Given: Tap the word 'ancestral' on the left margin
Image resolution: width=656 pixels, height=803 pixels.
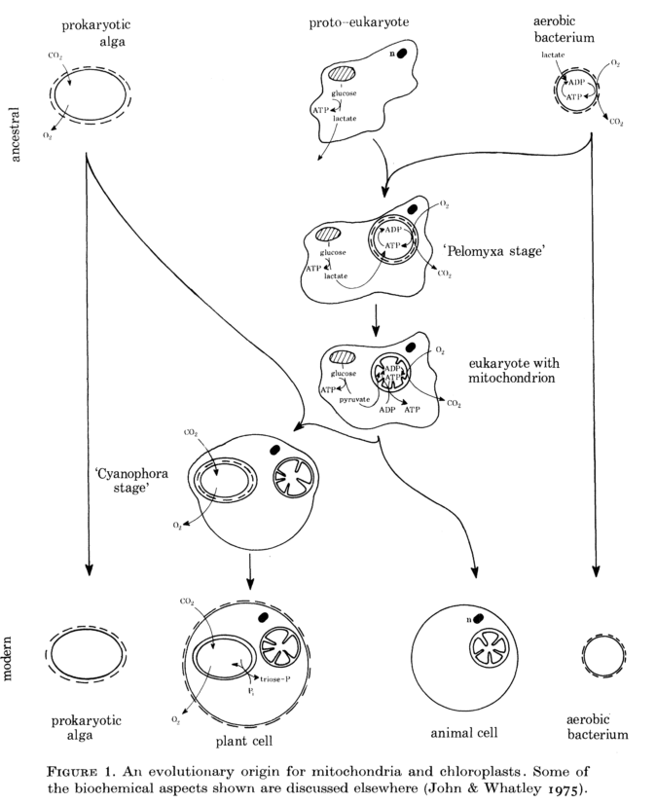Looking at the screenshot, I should (x=16, y=132).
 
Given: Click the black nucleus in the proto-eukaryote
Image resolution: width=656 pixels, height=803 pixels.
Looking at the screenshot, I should (x=399, y=54).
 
